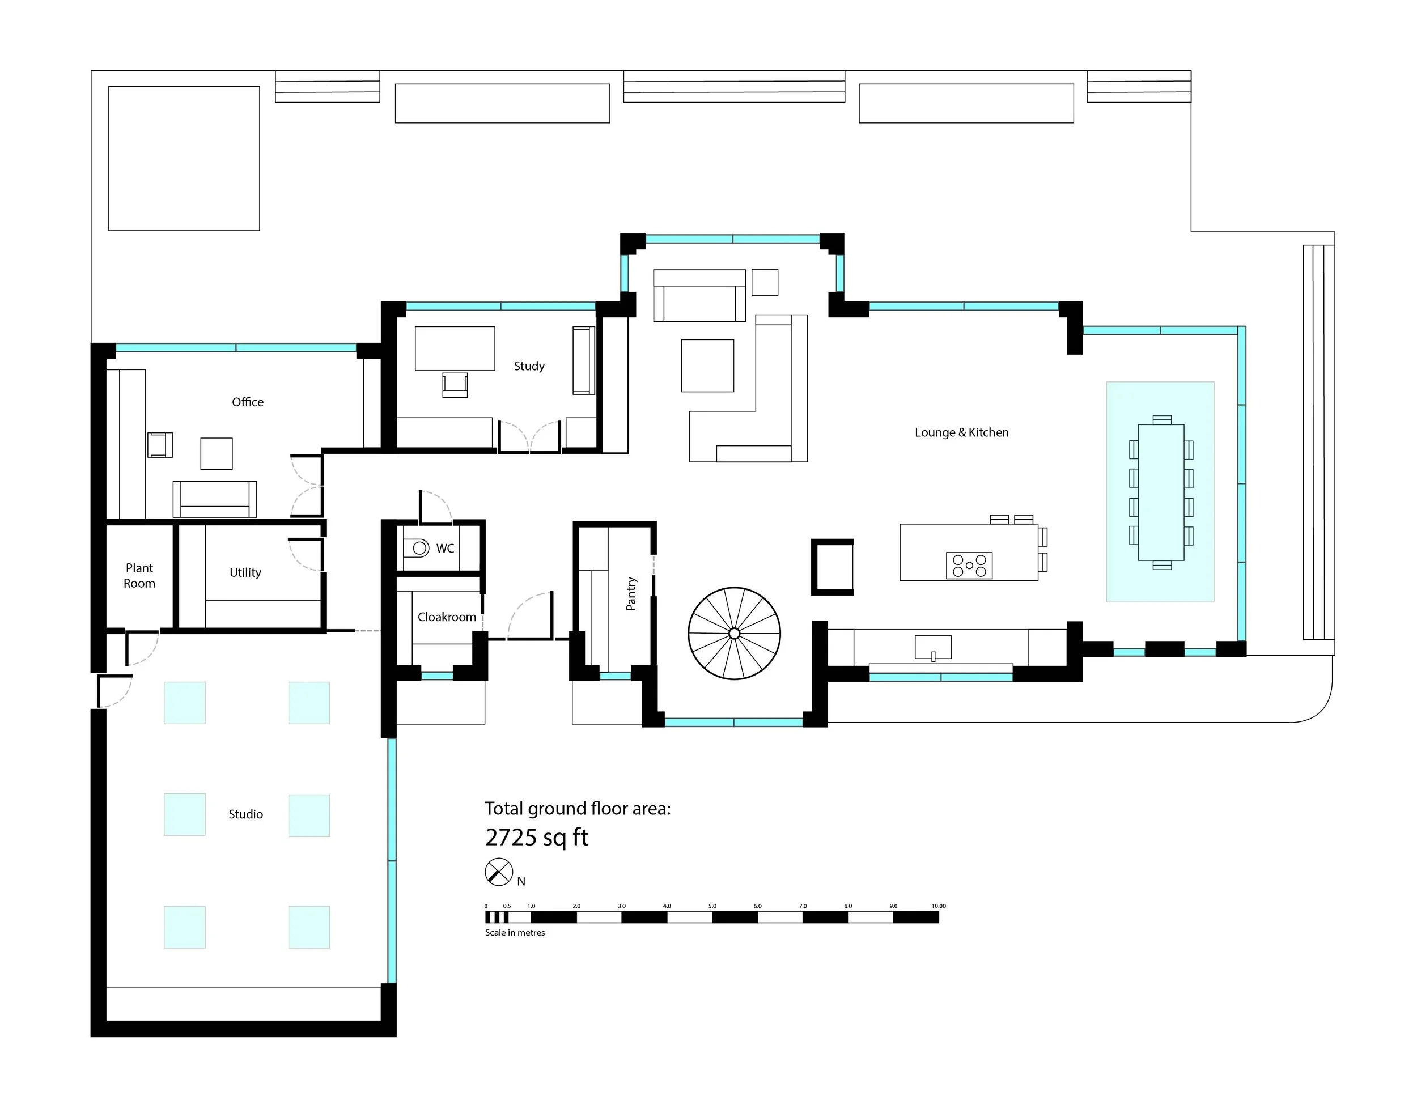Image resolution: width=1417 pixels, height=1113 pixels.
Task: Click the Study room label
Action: [x=529, y=366]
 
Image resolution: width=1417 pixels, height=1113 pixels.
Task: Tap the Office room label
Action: [x=248, y=402]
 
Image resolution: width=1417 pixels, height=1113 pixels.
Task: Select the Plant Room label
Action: [x=139, y=575]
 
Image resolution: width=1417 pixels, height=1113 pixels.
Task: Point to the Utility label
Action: [x=245, y=573]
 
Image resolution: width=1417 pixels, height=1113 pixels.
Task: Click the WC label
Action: [x=445, y=549]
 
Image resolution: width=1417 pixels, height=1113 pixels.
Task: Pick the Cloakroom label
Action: [x=447, y=617]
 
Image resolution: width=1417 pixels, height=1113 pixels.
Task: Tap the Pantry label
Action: [x=631, y=594]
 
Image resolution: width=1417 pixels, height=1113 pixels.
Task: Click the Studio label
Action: [x=246, y=814]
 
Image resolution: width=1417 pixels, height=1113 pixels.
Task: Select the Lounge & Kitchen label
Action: [x=961, y=433]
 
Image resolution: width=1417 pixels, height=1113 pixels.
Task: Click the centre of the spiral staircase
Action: [x=734, y=634]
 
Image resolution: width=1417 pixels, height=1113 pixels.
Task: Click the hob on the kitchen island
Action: [x=969, y=566]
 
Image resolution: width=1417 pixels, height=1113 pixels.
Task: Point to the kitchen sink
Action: [x=933, y=648]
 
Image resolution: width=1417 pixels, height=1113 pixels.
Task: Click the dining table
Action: [x=1161, y=492]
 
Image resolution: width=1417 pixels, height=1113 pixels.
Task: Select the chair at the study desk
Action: [x=455, y=384]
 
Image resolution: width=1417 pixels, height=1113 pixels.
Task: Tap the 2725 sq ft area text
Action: [x=536, y=838]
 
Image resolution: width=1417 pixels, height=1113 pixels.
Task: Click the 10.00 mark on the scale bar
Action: [x=938, y=906]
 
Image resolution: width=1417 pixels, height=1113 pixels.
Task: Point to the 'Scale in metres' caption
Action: [x=515, y=932]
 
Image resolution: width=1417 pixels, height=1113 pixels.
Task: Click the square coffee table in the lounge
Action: [x=707, y=366]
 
